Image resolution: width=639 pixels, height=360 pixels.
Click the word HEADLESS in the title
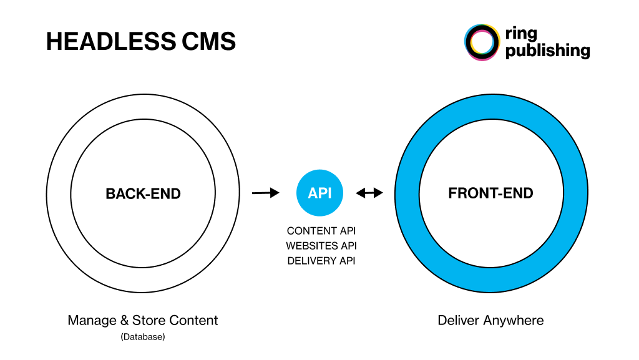tap(111, 41)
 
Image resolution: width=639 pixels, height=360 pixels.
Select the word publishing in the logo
tap(548, 51)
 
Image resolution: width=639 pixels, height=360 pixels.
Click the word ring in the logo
tap(521, 34)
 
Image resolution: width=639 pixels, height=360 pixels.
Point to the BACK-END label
tap(143, 193)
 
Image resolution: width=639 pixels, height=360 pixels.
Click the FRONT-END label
tap(490, 193)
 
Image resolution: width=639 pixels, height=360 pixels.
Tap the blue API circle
tap(319, 193)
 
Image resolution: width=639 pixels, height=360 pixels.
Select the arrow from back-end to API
tap(266, 193)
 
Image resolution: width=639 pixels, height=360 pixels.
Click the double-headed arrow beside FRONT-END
tap(369, 193)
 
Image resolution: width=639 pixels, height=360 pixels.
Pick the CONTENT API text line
tap(321, 231)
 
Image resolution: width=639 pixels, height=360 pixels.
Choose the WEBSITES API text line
tap(321, 246)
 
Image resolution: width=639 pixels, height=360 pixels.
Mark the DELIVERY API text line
tap(321, 261)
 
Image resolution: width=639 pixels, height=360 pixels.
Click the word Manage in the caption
tap(92, 321)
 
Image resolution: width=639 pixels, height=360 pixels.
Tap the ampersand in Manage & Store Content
tap(124, 321)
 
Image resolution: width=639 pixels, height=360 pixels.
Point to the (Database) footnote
tap(143, 337)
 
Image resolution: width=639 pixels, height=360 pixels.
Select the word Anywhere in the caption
tap(514, 321)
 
